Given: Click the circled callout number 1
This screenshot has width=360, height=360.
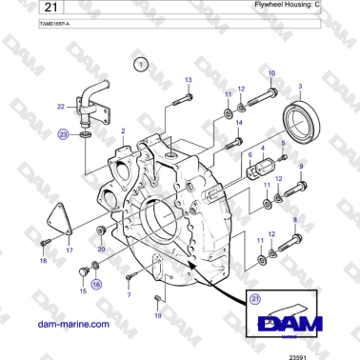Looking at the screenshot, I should pyautogui.click(x=141, y=65).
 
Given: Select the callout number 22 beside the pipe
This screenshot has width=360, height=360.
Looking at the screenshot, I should pyautogui.click(x=60, y=106).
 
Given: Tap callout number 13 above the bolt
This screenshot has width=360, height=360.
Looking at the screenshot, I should pyautogui.click(x=188, y=79).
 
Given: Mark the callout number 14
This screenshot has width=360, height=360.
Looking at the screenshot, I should pyautogui.click(x=238, y=123).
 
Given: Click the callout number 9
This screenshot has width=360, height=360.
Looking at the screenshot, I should pyautogui.click(x=302, y=167).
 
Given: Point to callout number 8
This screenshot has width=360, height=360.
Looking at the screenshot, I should pyautogui.click(x=295, y=221).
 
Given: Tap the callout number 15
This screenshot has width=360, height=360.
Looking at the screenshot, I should pyautogui.click(x=82, y=291).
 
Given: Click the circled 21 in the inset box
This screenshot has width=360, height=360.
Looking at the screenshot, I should pyautogui.click(x=254, y=299).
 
